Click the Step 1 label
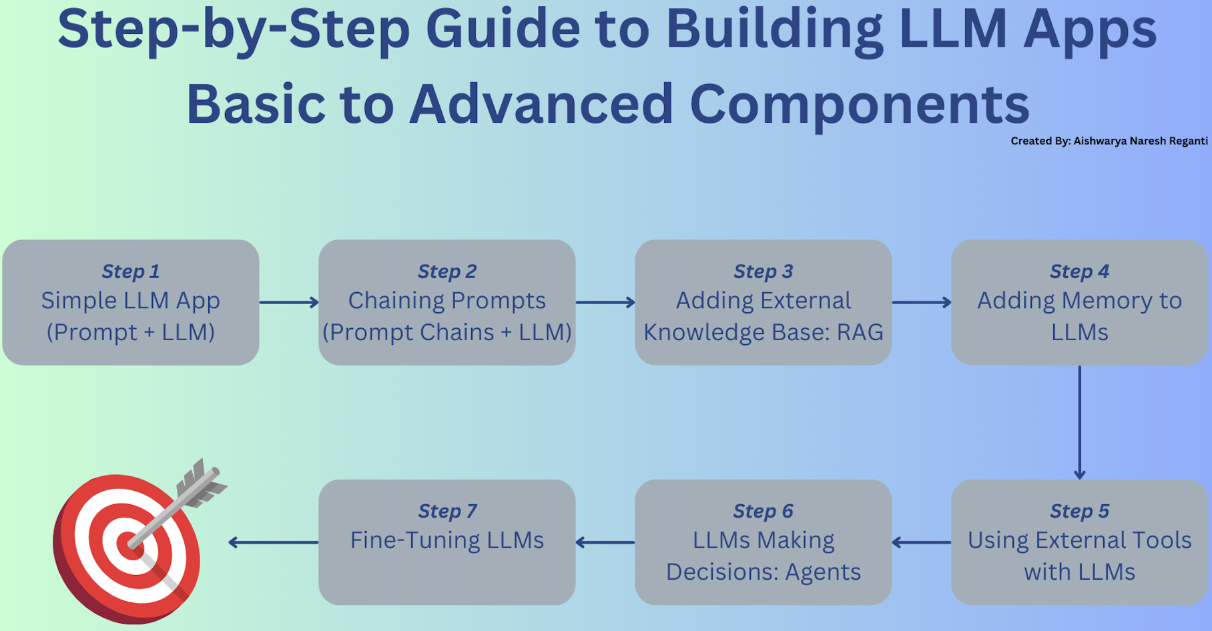point(131,271)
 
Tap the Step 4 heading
point(1079,271)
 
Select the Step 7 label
point(447,511)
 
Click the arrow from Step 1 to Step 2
point(289,303)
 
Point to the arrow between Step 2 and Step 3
point(605,303)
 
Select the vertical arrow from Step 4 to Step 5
point(1079,422)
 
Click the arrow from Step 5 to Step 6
point(922,542)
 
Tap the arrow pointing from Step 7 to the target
point(273,542)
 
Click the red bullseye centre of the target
point(128,544)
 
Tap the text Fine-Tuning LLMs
point(447,540)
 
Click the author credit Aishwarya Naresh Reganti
point(1140,141)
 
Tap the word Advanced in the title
point(541,105)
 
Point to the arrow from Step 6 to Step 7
point(605,542)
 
